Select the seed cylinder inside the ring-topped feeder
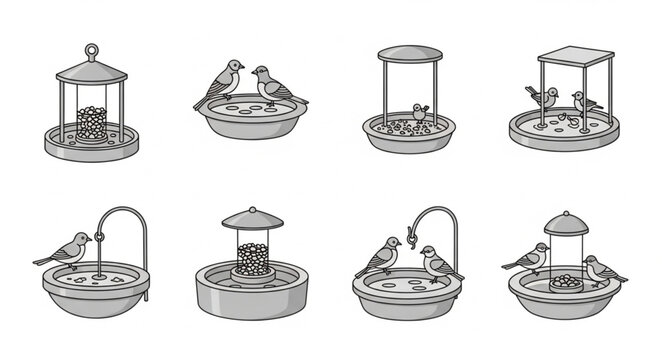[92, 123]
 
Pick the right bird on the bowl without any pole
[270, 85]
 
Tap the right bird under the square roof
[584, 102]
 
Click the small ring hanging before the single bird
[99, 238]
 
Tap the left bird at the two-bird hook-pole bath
[379, 256]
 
